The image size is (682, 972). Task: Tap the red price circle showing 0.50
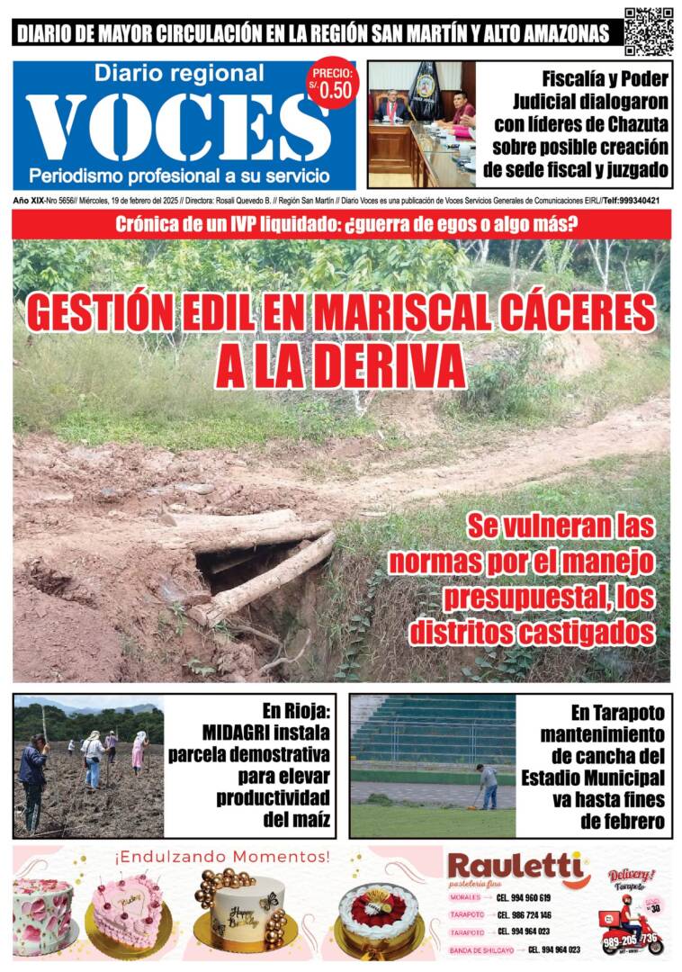[x=332, y=84]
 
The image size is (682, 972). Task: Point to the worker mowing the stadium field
[x=488, y=785]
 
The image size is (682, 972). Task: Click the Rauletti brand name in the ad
[x=516, y=867]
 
